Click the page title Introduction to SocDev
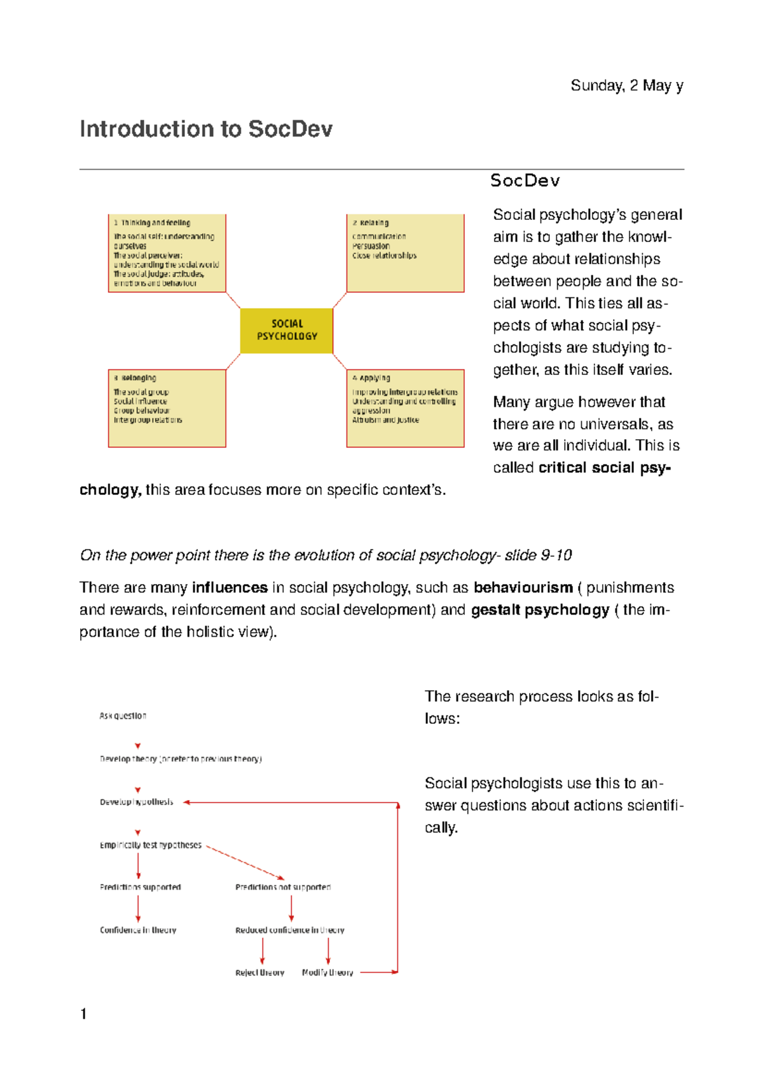pyautogui.click(x=205, y=129)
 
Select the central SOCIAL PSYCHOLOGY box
pyautogui.click(x=287, y=330)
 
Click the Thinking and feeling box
pyautogui.click(x=167, y=253)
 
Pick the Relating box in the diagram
pyautogui.click(x=405, y=253)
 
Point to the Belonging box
pyautogui.click(x=167, y=408)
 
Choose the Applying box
pyautogui.click(x=405, y=408)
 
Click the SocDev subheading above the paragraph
pyautogui.click(x=525, y=181)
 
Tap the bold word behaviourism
pyautogui.click(x=523, y=588)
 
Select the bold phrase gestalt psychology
pyautogui.click(x=540, y=610)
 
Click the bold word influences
pyautogui.click(x=230, y=588)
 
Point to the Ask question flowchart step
pyautogui.click(x=123, y=716)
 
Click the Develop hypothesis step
pyautogui.click(x=136, y=802)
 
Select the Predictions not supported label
pyautogui.click(x=283, y=887)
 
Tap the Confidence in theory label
pyautogui.click(x=138, y=930)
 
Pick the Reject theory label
pyautogui.click(x=259, y=973)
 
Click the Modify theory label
pyautogui.click(x=327, y=973)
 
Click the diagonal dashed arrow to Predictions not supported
pyautogui.click(x=245, y=862)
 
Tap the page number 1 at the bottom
pyautogui.click(x=83, y=1014)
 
